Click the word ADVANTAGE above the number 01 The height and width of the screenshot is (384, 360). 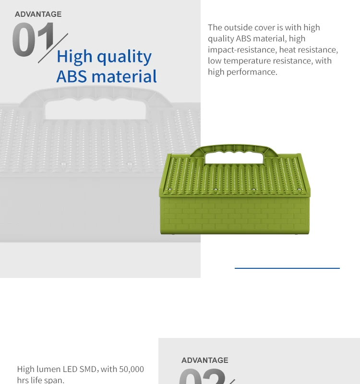(38, 14)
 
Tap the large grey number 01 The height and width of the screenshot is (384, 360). (33, 39)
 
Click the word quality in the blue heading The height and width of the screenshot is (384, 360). (124, 57)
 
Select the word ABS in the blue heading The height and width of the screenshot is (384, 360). (72, 76)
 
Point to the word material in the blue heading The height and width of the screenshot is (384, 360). (124, 76)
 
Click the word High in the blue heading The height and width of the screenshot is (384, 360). (75, 57)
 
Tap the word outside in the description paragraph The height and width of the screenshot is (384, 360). (238, 27)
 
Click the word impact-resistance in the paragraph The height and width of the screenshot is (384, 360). (242, 50)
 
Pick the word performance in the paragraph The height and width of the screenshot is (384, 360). (252, 72)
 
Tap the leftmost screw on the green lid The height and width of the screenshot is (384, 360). (170, 190)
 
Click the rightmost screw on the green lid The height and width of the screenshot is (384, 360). (299, 189)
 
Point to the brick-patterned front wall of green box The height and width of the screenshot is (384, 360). (235, 216)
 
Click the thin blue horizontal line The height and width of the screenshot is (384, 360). (287, 268)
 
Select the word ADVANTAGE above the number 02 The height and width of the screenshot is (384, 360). (205, 360)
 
